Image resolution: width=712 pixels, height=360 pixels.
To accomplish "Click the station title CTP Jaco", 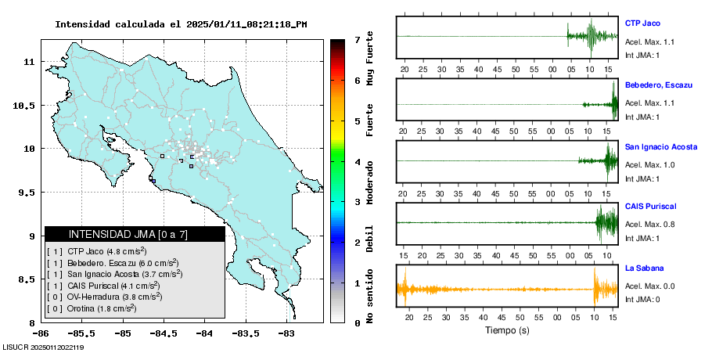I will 642,23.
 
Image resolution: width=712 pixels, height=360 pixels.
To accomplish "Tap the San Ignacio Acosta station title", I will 661,146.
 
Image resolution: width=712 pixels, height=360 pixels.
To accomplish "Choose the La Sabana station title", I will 644,268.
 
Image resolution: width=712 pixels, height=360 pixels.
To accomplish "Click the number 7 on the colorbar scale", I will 357,39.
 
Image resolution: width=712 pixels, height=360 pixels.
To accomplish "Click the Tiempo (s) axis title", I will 507,330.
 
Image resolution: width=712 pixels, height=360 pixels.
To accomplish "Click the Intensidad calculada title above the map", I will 181,24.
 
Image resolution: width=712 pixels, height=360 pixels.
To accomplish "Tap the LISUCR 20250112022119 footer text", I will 44,347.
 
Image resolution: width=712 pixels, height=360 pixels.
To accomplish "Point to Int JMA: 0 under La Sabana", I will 642,299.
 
